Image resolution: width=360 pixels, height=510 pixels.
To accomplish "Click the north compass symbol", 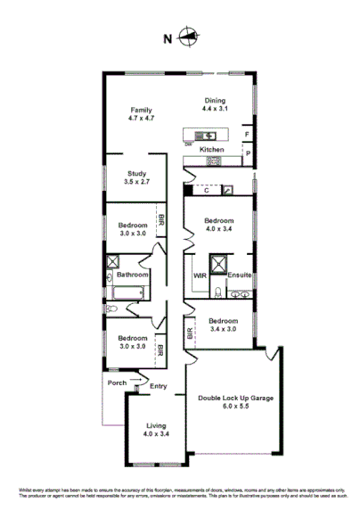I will click(x=188, y=37).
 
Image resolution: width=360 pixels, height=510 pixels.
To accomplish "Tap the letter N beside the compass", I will click(x=167, y=38).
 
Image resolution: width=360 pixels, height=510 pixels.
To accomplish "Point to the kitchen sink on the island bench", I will click(x=201, y=136).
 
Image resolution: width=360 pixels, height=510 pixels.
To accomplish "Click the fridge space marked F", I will click(x=247, y=135).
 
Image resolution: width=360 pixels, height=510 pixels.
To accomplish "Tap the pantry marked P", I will click(x=247, y=153).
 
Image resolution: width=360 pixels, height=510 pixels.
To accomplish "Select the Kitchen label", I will click(x=211, y=149).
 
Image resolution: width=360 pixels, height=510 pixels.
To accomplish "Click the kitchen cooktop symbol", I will click(x=189, y=161).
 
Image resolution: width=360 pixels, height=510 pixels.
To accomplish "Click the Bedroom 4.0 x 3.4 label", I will click(x=219, y=225).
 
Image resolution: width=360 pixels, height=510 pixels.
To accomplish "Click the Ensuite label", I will click(x=239, y=276).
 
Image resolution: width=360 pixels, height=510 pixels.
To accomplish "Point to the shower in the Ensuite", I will click(x=217, y=264).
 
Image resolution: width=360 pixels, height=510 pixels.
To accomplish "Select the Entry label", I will click(x=159, y=385).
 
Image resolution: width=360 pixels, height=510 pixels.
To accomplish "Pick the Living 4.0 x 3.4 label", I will click(x=157, y=431).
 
